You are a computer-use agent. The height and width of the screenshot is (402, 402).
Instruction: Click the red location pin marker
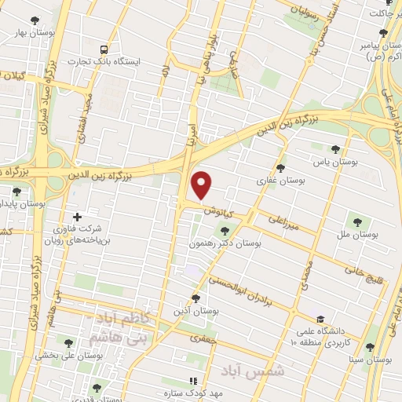[203, 185]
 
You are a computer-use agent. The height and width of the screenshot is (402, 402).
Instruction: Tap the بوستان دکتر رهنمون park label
[226, 244]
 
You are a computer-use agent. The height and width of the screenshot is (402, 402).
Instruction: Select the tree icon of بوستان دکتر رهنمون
[226, 231]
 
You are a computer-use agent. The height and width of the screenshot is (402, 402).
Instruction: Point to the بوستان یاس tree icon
[335, 149]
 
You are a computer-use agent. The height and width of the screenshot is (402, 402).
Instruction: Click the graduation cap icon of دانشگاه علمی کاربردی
[320, 319]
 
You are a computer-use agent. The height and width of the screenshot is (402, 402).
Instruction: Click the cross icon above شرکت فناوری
[76, 217]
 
